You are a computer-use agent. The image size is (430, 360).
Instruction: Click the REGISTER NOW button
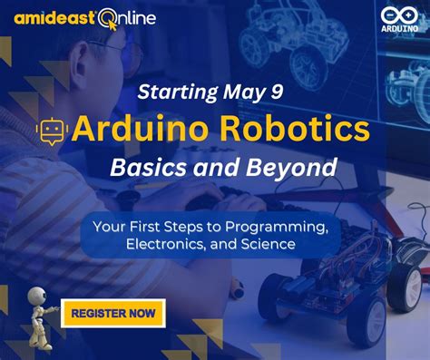point(112,314)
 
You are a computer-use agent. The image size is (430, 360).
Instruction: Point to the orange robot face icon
point(51,131)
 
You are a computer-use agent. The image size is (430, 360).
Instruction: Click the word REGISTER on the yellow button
point(98,314)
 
